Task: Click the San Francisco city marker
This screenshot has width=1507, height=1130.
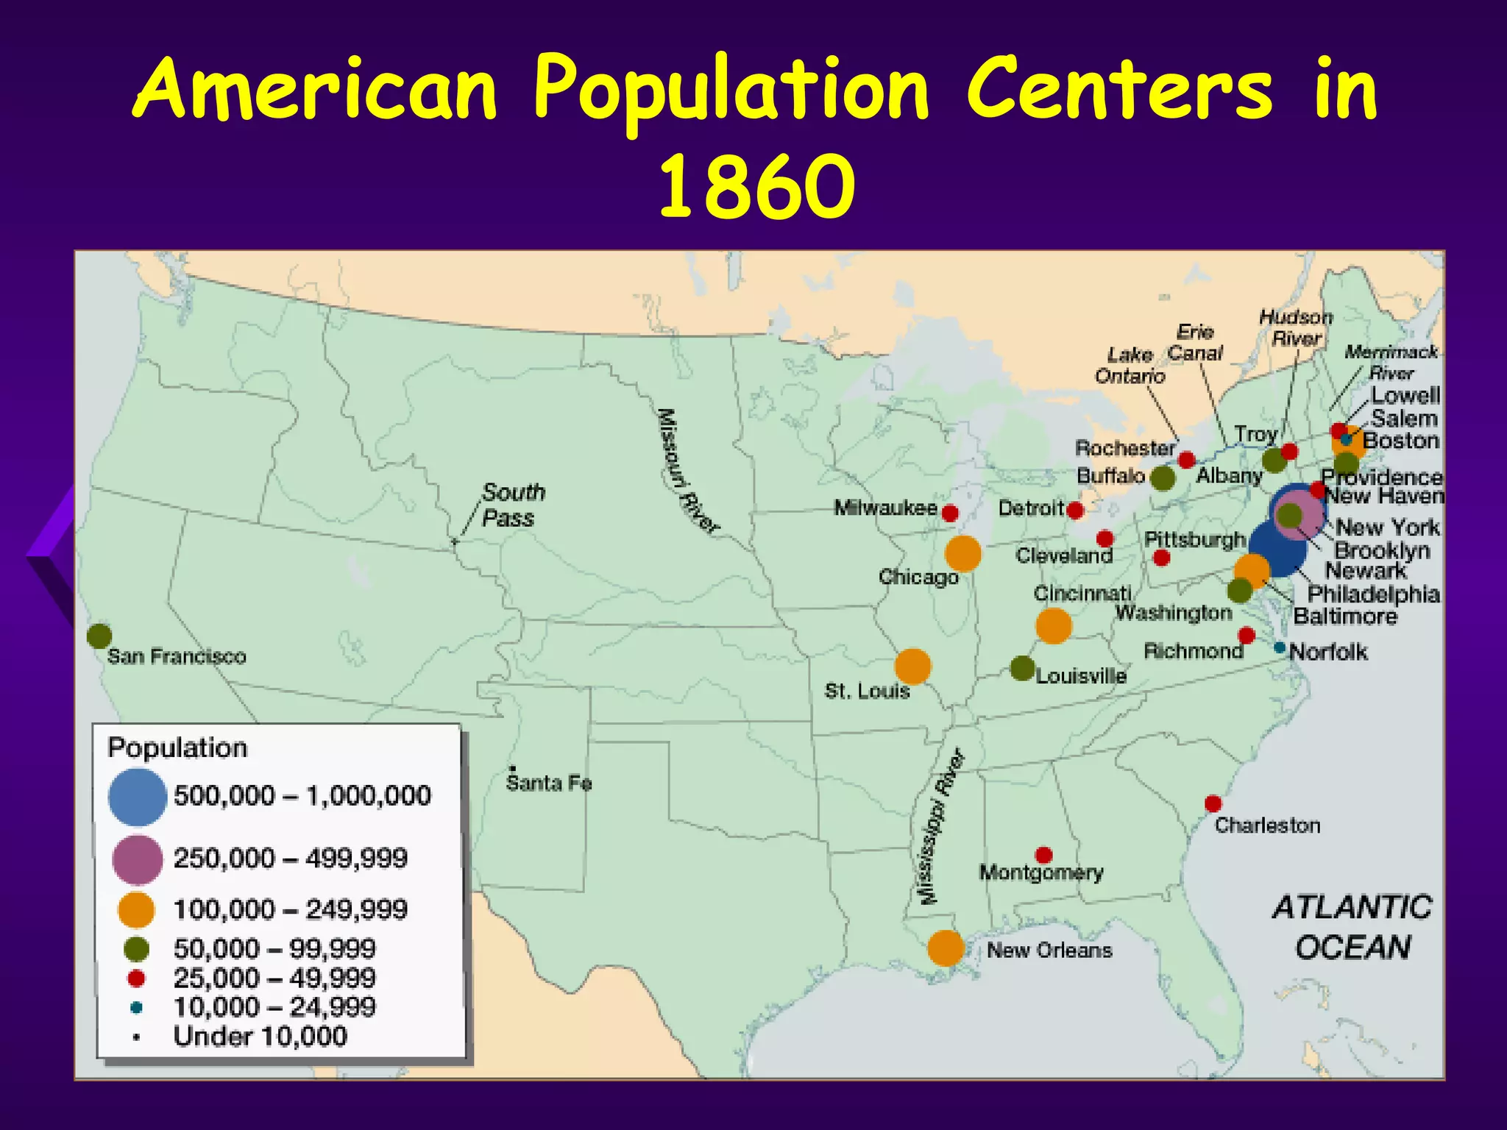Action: coord(99,636)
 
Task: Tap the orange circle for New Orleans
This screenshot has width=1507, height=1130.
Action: coord(946,948)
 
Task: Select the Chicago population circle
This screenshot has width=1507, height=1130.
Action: coord(962,553)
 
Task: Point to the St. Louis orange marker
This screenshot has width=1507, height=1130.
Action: coord(912,667)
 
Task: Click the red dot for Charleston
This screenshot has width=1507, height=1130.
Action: coord(1213,803)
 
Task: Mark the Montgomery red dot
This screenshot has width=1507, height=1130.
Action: coord(1043,855)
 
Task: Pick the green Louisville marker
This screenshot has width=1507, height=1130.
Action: coord(1022,668)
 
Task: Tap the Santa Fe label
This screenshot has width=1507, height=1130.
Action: coord(549,783)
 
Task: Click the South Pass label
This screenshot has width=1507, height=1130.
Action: coord(513,505)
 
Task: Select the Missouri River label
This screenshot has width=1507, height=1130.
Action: coord(688,471)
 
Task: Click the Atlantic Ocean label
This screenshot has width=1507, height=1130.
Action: coord(1352,927)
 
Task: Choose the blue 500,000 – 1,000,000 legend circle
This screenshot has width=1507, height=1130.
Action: coord(138,796)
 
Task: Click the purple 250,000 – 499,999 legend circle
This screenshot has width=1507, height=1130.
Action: coord(137,859)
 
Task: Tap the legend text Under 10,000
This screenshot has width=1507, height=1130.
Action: coord(260,1037)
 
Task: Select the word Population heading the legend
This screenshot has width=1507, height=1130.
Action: coord(177,747)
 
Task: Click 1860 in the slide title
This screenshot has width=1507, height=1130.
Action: coord(756,185)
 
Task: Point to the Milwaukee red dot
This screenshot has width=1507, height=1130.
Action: coord(950,513)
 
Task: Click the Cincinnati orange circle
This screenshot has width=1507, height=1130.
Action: coord(1053,625)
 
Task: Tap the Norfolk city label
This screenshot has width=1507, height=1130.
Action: coord(1328,652)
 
